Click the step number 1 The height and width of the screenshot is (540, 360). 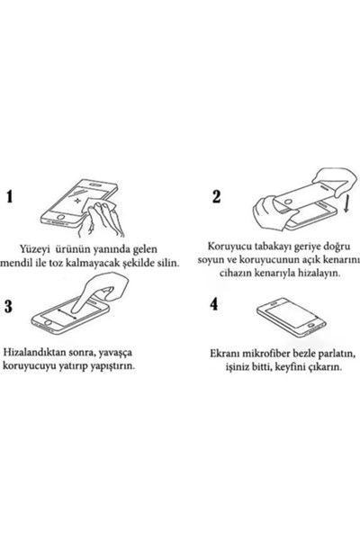[11, 198]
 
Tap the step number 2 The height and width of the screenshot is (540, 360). [216, 197]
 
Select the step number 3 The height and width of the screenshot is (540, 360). [10, 306]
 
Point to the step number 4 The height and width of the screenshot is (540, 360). [214, 304]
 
